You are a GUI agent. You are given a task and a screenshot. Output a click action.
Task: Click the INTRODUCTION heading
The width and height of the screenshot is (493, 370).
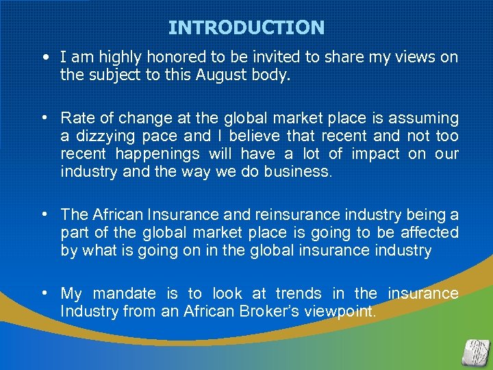click(x=246, y=28)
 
